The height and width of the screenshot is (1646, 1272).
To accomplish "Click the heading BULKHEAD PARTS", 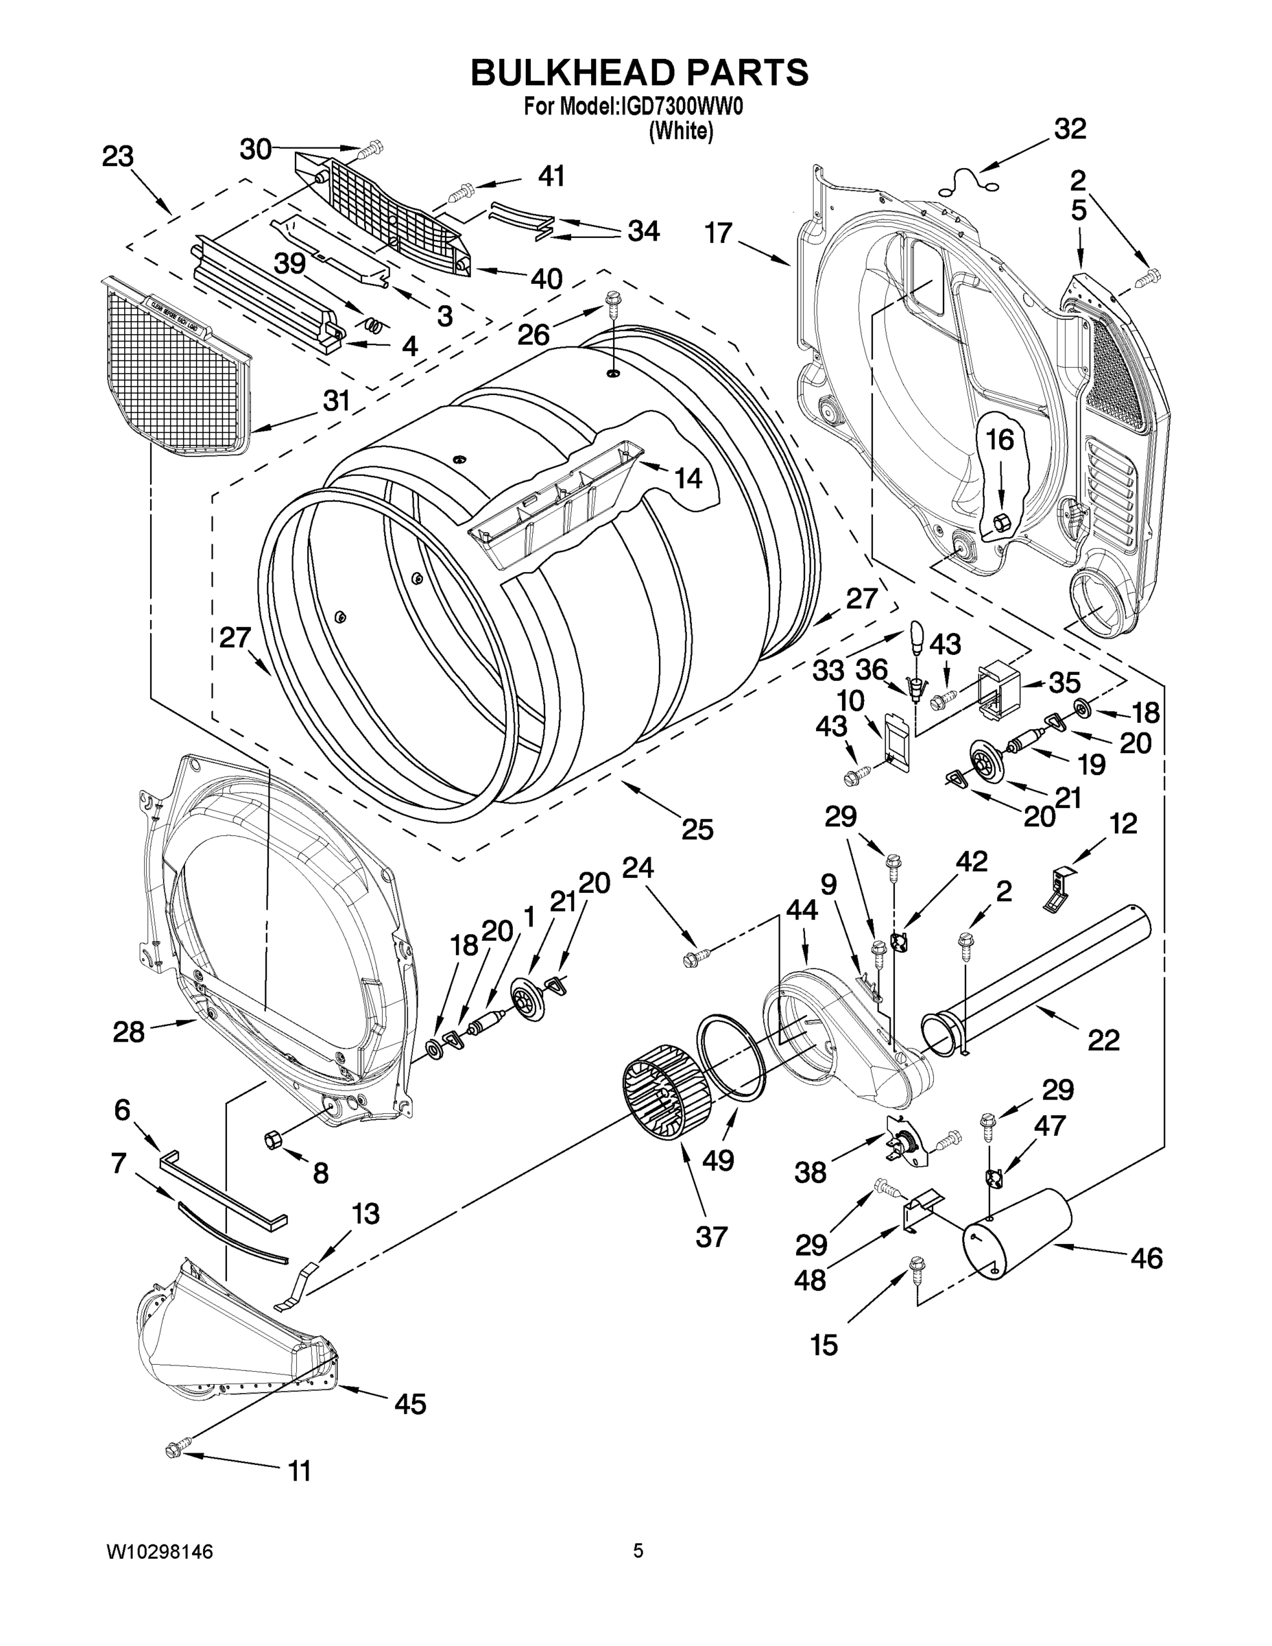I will [639, 73].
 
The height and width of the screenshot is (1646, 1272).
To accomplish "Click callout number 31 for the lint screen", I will [336, 401].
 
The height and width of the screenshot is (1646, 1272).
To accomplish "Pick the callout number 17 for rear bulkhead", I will [718, 233].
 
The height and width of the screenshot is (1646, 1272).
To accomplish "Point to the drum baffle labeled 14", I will [557, 503].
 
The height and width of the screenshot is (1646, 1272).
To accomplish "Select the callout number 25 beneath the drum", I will [697, 829].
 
